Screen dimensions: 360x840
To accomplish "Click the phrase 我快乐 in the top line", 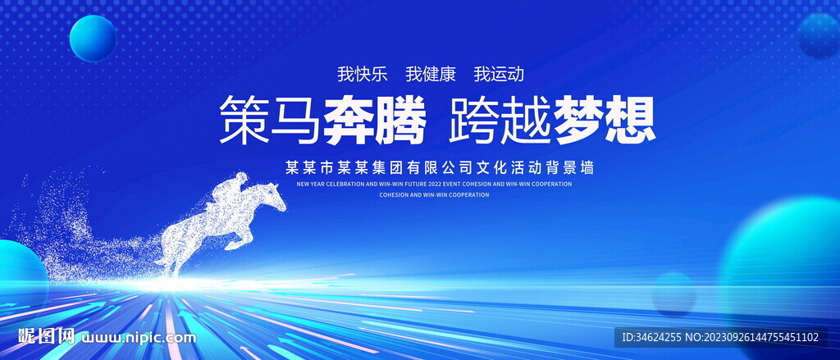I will tap(362, 74).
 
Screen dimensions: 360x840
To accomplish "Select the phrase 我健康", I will tap(430, 74).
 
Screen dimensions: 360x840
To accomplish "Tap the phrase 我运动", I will tap(498, 74).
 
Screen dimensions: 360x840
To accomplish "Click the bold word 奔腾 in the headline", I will tap(374, 121).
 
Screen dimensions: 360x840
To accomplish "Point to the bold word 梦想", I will tap(605, 121).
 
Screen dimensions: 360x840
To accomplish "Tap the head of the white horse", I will tap(272, 197).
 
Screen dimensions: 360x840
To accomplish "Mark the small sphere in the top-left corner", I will tap(93, 39).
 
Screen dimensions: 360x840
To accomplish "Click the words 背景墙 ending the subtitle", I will tap(572, 167).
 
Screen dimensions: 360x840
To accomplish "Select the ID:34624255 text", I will tap(652, 337).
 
